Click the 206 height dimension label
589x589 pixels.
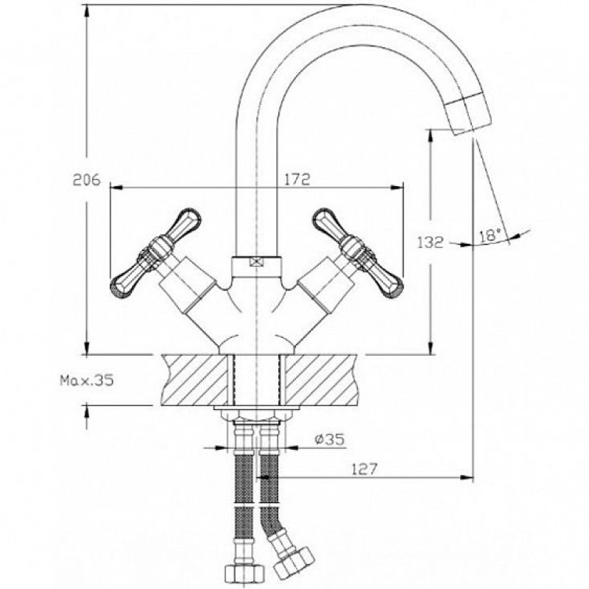coord(87,180)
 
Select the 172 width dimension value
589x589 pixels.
coord(297,179)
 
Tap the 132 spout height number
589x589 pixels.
coord(431,242)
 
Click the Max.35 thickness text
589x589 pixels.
coord(87,381)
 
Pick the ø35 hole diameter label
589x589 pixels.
coord(329,439)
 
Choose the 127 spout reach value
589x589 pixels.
coord(364,469)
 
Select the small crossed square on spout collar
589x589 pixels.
coord(255,262)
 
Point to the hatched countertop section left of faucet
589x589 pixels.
coord(194,380)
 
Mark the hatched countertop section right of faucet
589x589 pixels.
coord(321,380)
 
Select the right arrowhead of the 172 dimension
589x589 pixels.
coord(397,188)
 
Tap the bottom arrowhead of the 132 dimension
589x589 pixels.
coord(431,348)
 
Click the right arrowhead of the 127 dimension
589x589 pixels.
coord(467,477)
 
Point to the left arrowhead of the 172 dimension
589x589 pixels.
coord(117,188)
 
